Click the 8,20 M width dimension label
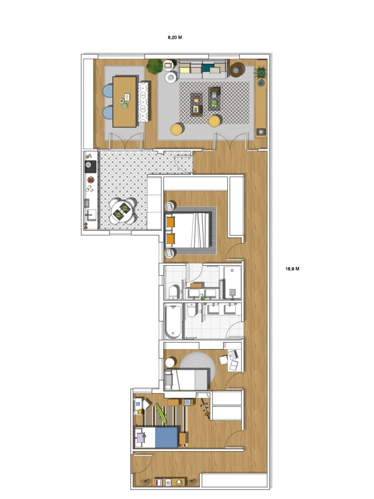175,37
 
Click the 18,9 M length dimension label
292,269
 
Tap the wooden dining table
124,101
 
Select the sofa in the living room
203,69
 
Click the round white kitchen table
123,211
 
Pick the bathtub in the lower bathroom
173,321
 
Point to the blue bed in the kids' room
156,437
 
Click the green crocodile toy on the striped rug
161,414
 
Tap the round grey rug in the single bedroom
198,368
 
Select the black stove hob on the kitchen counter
90,167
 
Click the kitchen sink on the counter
91,215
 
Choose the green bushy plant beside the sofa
155,66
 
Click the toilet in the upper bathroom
174,292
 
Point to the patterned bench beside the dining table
143,101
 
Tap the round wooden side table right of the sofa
237,70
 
